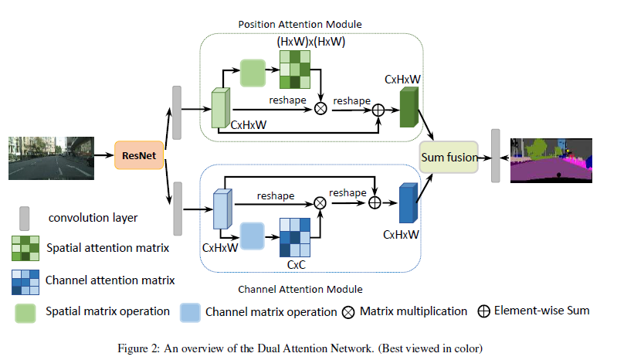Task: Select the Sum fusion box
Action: pyautogui.click(x=449, y=158)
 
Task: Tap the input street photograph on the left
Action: pyautogui.click(x=51, y=158)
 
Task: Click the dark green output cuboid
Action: pyautogui.click(x=409, y=108)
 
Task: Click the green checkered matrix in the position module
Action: pyautogui.click(x=294, y=72)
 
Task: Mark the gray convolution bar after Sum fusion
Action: pyautogui.click(x=495, y=157)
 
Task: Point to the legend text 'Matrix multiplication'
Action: pyautogui.click(x=413, y=311)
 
